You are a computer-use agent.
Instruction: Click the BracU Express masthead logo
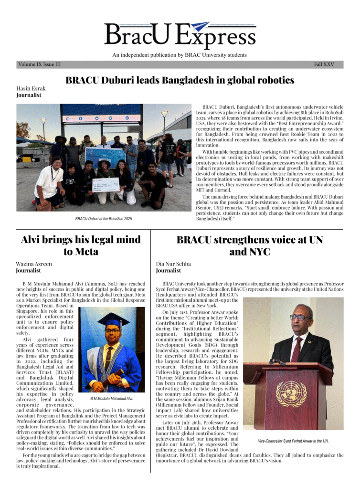pyautogui.click(x=180, y=34)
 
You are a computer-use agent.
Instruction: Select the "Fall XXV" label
pyautogui.click(x=324, y=64)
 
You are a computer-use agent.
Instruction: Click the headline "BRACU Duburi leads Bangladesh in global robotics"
pyautogui.click(x=180, y=80)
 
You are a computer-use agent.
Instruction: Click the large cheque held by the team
pyautogui.click(x=105, y=184)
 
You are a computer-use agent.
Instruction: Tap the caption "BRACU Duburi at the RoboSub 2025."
pyautogui.click(x=104, y=218)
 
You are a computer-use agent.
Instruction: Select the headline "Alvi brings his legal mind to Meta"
pyautogui.click(x=81, y=245)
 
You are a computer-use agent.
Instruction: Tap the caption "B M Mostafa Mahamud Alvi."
pyautogui.click(x=112, y=398)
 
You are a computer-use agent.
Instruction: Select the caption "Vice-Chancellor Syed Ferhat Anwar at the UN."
pyautogui.click(x=293, y=441)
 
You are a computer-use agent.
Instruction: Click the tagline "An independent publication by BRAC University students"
pyautogui.click(x=180, y=55)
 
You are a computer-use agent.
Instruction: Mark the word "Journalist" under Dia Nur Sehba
pyautogui.click(x=169, y=271)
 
